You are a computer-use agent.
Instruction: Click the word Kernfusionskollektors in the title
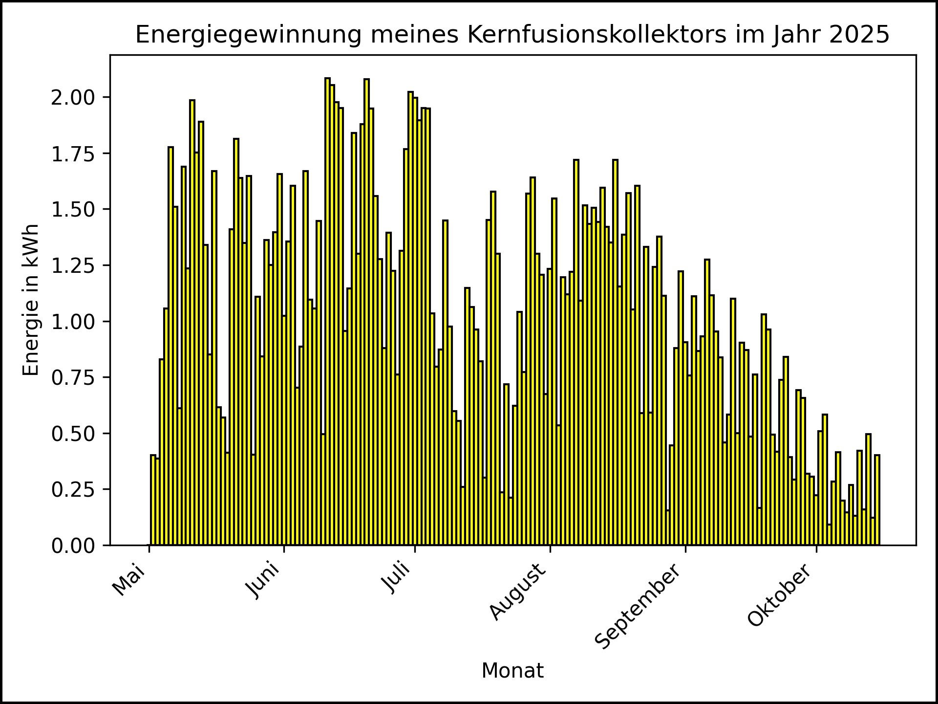click(597, 35)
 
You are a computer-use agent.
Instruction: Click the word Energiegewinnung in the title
click(249, 35)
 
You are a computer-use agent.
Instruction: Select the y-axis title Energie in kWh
click(31, 300)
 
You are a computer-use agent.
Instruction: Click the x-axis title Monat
click(512, 671)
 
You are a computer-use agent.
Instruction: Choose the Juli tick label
click(397, 578)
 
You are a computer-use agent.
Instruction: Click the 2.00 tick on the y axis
click(73, 97)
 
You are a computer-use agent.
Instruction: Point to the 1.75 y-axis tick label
click(73, 154)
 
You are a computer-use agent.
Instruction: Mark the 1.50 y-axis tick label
click(73, 210)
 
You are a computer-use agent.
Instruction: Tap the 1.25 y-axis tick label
click(73, 265)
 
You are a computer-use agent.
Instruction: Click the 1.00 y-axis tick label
click(73, 322)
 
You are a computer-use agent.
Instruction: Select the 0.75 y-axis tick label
click(73, 377)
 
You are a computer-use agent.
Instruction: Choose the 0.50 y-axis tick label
click(73, 434)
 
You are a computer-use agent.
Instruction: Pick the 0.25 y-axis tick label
click(73, 489)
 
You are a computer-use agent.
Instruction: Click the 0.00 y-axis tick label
click(73, 546)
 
